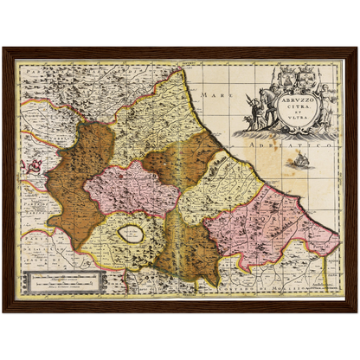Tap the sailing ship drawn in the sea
coord(299,162)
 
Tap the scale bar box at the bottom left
coord(65,281)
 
